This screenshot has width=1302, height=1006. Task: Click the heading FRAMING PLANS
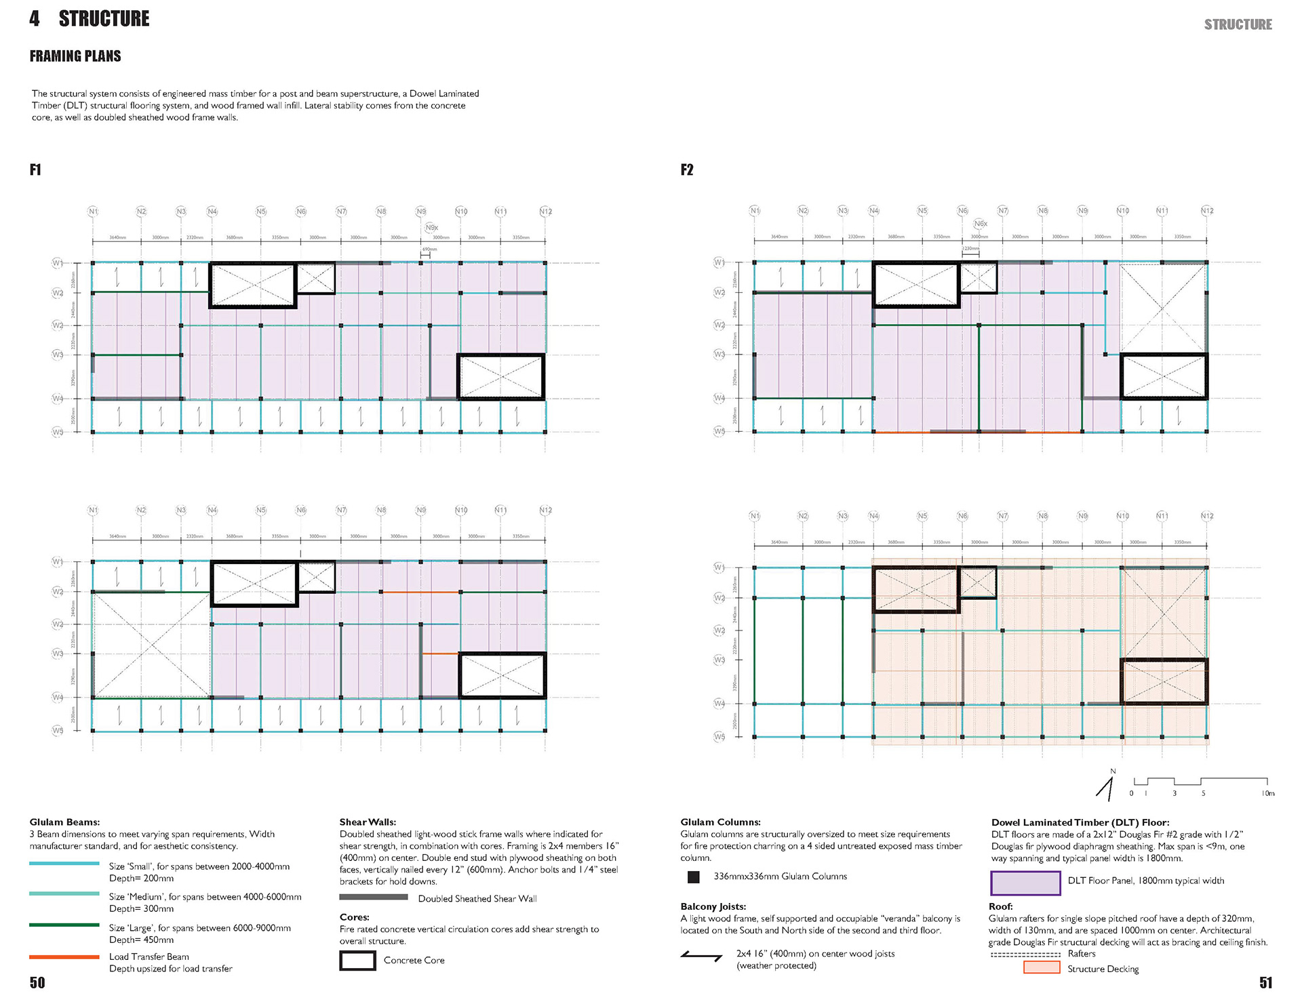75,56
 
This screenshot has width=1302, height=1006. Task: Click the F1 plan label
35,169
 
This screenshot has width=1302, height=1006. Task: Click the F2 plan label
687,169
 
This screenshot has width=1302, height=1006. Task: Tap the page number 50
37,983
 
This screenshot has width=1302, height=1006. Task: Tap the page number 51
1265,983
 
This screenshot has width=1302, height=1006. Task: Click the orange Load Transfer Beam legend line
64,957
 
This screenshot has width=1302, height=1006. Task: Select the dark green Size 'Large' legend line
64,925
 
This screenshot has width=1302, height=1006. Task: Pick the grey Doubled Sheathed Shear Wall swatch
374,898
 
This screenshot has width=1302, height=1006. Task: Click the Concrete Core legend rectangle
357,961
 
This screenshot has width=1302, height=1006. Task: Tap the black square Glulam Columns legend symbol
693,877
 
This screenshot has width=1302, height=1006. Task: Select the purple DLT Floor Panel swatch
1025,883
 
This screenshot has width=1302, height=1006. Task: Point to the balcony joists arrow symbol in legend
702,957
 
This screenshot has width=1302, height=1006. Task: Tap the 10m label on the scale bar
1267,793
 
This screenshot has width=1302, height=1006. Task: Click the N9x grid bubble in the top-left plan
432,228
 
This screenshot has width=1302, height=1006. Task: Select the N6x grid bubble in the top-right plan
981,224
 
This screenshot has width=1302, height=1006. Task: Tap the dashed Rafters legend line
1025,954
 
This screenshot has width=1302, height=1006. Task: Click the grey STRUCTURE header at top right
1238,25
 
